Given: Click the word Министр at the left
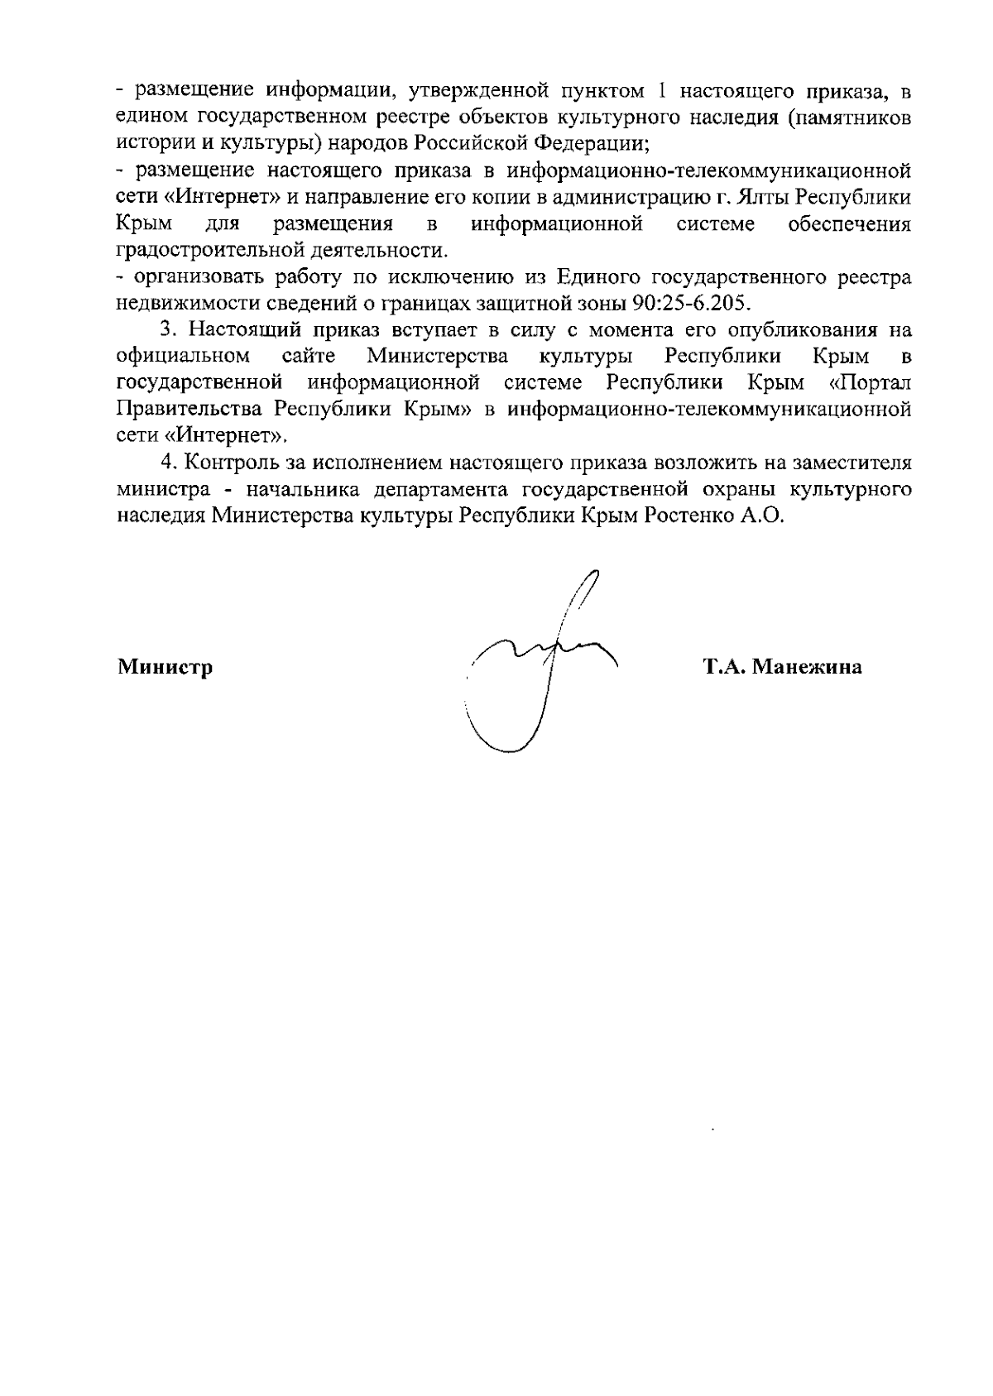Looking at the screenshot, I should click(x=165, y=667).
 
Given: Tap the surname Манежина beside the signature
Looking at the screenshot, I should click(x=808, y=667).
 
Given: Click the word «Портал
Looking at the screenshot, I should click(x=869, y=383).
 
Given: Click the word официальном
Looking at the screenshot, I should click(x=184, y=357).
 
